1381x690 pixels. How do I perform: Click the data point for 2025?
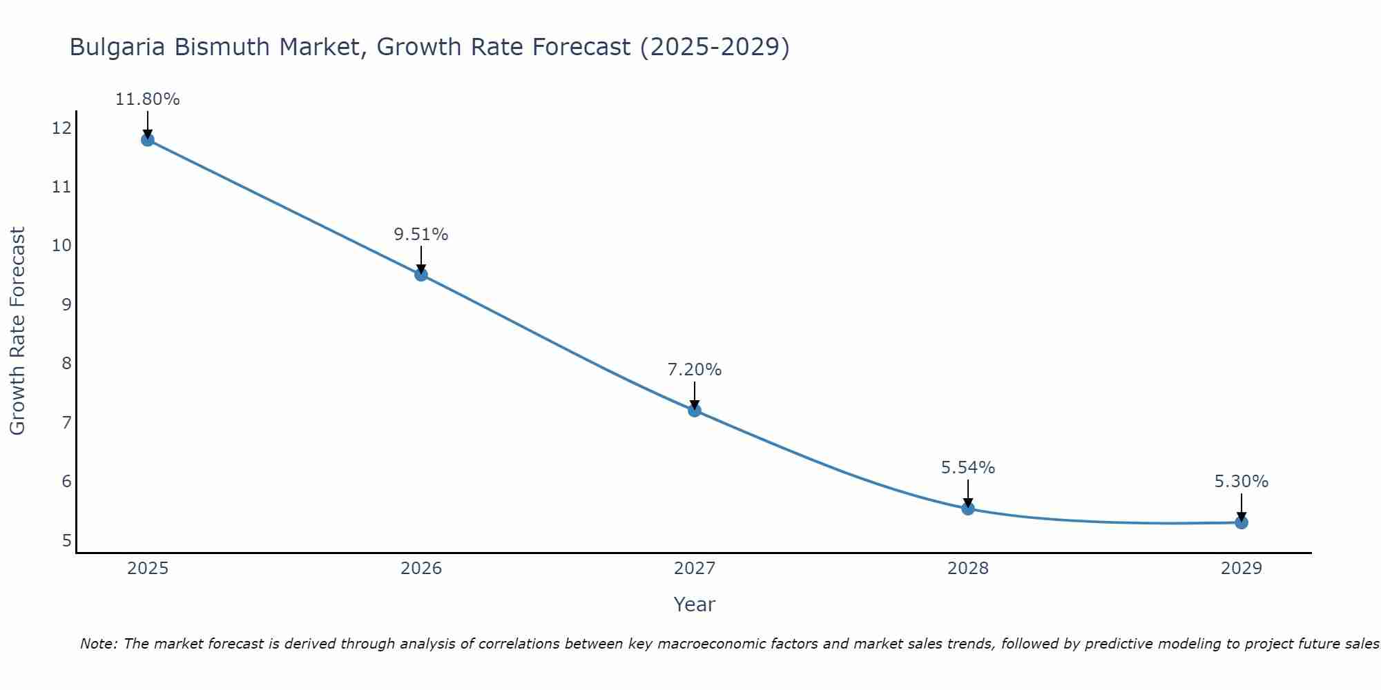(147, 140)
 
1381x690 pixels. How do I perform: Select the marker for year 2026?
(421, 275)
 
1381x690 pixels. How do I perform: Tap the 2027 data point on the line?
(695, 411)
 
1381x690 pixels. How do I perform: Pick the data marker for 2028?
(968, 509)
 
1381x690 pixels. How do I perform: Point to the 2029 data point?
(1242, 522)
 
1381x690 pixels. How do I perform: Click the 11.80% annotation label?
(147, 99)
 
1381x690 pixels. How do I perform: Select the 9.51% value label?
(421, 235)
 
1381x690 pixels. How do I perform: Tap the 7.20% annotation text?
(695, 370)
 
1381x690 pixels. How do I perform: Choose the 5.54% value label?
(968, 468)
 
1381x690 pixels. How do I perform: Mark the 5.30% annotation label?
(1242, 482)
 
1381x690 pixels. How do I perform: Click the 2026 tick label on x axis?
(421, 569)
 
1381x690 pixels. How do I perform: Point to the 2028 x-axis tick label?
(968, 569)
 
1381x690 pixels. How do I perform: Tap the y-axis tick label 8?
(66, 364)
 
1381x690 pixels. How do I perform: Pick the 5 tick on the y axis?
(66, 540)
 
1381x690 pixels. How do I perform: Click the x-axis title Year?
(694, 604)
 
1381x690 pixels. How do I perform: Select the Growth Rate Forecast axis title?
(17, 331)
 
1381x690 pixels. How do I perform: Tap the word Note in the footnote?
(97, 644)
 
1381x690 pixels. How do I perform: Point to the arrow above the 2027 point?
(695, 395)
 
